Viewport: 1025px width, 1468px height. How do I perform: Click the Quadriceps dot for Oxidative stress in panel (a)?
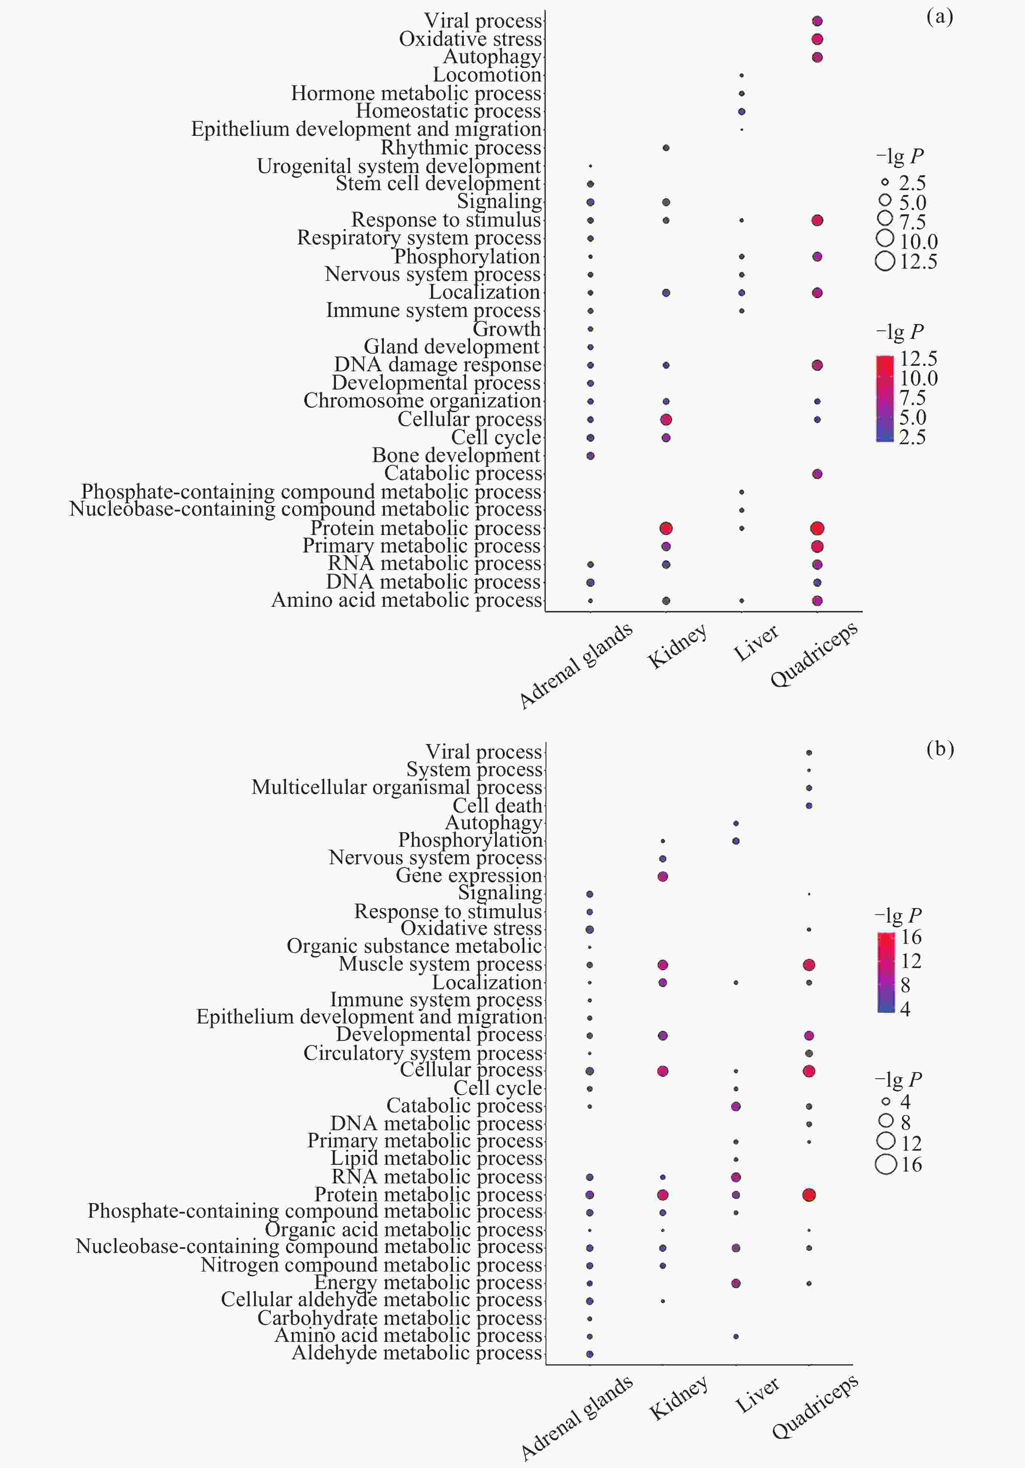tap(817, 39)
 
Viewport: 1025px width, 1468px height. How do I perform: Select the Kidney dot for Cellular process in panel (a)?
tap(666, 419)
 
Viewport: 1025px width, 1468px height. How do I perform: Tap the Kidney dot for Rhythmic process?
tap(666, 148)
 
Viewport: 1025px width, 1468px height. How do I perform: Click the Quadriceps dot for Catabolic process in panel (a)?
tap(817, 474)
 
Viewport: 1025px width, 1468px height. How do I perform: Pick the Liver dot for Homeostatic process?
tap(741, 111)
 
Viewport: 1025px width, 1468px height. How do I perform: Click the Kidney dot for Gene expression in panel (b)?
tap(663, 876)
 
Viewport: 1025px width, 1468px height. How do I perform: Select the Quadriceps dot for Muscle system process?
tap(809, 964)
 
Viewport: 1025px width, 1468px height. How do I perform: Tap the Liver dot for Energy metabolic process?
tap(736, 1283)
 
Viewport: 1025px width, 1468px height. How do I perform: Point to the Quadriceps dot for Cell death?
tap(809, 805)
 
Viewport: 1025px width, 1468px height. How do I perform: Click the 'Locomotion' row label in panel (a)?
tap(487, 75)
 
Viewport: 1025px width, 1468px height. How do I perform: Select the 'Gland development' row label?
tap(452, 347)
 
